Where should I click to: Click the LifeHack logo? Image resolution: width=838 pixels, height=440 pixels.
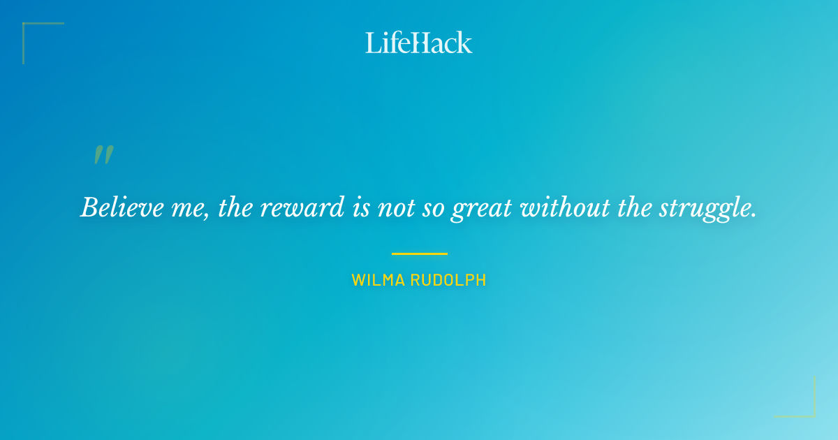419,43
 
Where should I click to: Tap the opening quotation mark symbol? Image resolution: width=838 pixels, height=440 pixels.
103,155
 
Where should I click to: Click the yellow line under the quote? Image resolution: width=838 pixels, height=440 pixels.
419,254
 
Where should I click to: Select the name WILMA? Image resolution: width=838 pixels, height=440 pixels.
378,281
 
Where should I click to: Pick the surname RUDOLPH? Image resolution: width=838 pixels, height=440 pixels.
449,281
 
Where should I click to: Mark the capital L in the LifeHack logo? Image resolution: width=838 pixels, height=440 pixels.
373,43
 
